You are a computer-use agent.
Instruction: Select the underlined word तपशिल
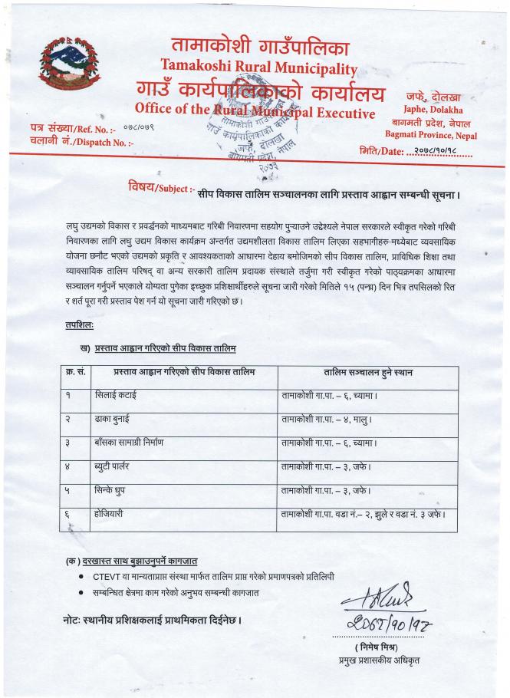pos(79,326)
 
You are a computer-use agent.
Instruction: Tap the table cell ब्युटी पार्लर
pos(116,467)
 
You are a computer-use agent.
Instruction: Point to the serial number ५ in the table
pos(67,491)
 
